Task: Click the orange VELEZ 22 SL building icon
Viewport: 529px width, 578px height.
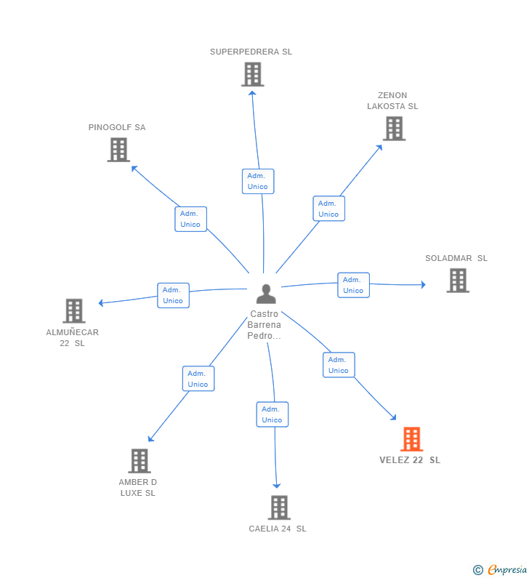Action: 411,439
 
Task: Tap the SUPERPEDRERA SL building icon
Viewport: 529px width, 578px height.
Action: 252,74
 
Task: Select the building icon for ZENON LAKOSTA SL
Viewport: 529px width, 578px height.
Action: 394,129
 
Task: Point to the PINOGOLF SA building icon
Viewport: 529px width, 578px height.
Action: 118,150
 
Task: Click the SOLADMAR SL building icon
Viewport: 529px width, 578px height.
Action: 457,281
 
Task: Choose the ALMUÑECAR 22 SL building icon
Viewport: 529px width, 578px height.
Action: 73,310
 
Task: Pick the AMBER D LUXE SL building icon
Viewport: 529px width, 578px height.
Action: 139,461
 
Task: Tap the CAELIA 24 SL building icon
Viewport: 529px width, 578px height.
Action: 279,507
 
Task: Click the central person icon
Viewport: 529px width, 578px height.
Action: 266,294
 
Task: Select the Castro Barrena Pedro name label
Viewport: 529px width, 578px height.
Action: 264,325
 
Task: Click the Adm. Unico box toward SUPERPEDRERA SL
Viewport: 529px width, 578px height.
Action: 258,181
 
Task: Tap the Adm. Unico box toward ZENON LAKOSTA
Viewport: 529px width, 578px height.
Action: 328,209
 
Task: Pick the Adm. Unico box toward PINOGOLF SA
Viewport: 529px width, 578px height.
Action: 190,219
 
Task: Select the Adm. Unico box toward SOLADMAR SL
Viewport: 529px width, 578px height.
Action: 353,285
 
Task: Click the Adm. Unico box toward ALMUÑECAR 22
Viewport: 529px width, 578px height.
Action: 173,295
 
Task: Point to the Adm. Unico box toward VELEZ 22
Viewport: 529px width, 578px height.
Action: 339,365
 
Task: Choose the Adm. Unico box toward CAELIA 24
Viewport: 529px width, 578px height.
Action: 272,414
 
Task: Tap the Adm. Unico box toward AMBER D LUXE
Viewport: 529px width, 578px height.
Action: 198,379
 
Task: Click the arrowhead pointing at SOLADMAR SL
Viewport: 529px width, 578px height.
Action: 422,285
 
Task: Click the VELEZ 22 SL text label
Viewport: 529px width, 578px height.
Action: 410,460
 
